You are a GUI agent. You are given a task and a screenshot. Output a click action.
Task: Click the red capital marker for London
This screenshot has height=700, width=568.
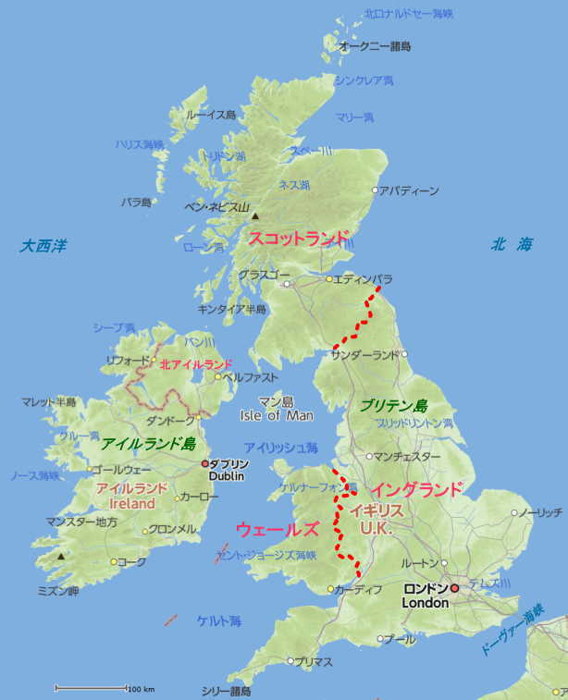tap(454, 588)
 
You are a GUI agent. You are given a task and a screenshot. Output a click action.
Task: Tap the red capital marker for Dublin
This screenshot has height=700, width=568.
tap(205, 462)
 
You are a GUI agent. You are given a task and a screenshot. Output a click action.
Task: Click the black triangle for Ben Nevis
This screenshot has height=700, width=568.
tap(255, 216)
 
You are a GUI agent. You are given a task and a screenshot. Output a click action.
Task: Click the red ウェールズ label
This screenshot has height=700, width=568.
tap(278, 530)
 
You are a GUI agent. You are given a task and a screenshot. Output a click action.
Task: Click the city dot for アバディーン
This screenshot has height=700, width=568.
tap(375, 191)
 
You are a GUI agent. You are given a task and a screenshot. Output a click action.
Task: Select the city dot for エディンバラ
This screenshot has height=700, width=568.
tap(328, 278)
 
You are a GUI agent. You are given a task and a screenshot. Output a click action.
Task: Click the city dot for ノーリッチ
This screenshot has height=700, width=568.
tap(515, 512)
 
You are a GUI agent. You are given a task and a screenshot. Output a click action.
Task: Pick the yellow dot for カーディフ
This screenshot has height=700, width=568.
tap(331, 589)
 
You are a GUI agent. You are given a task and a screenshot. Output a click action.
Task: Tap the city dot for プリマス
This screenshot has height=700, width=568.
tap(290, 661)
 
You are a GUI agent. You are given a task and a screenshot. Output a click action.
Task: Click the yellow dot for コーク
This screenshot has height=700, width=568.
tap(114, 561)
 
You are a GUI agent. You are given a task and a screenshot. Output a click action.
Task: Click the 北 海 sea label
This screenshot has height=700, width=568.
tap(512, 245)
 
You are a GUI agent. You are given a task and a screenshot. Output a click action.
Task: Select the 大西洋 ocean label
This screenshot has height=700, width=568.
tap(44, 246)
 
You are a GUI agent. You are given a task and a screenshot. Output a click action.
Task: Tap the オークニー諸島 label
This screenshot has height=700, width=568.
tap(375, 46)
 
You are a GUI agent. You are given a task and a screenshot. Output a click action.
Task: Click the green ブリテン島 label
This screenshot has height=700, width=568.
tap(394, 406)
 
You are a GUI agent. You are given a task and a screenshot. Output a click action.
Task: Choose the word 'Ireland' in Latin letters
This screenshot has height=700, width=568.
tap(131, 504)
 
